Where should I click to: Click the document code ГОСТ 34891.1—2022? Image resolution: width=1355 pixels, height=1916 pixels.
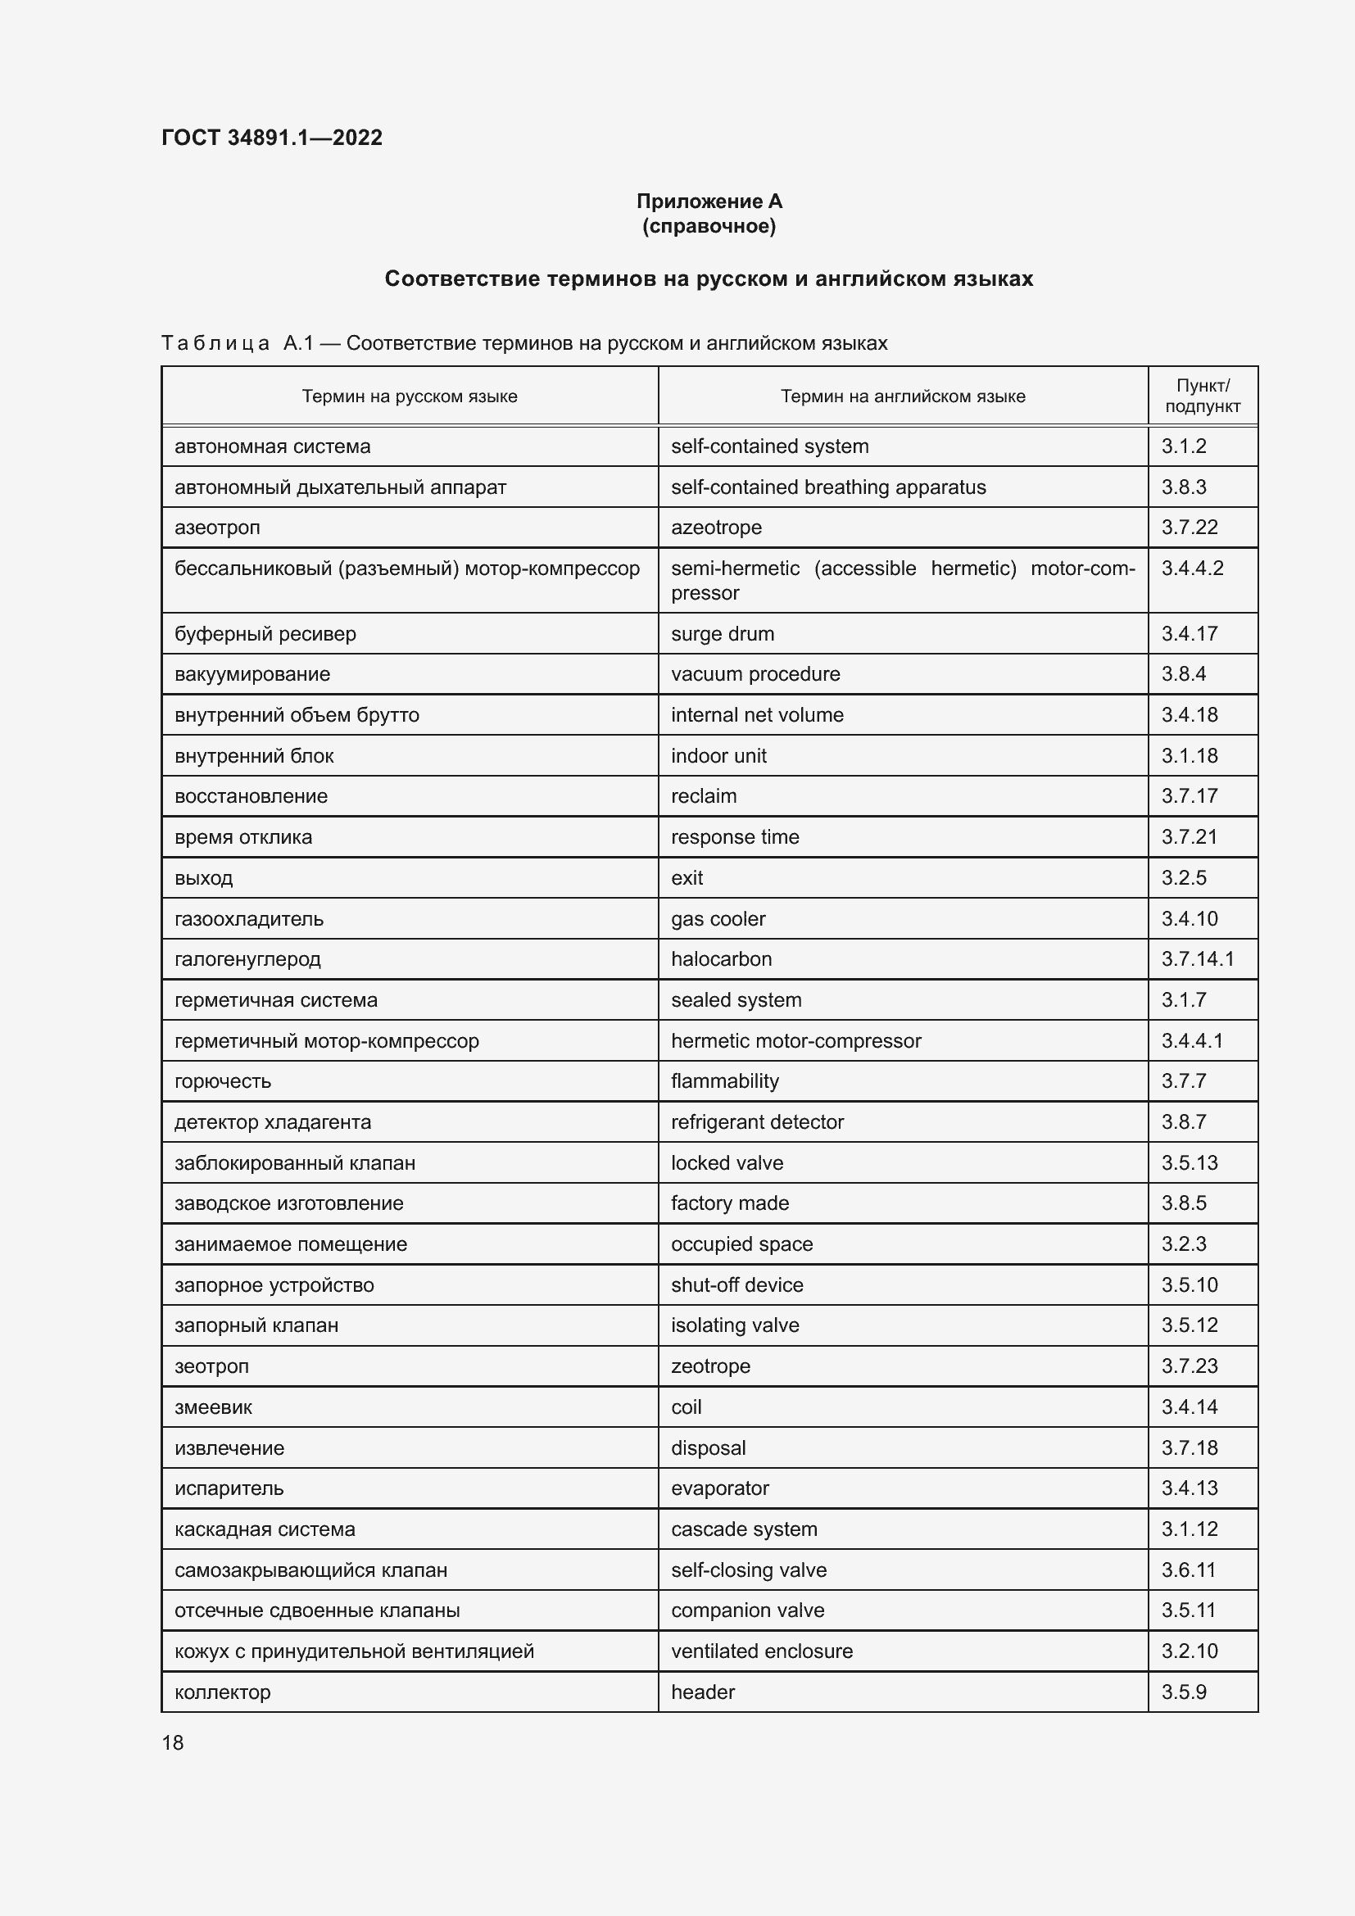[x=271, y=138]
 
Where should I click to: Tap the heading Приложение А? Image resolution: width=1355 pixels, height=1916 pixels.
[x=709, y=202]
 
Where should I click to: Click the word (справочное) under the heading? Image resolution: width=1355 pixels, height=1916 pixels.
[x=709, y=226]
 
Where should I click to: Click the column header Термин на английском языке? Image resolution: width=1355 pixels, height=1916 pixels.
[x=902, y=396]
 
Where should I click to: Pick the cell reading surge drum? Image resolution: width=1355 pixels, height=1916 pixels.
[x=722, y=633]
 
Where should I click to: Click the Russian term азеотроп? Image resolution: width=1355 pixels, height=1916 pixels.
[x=217, y=528]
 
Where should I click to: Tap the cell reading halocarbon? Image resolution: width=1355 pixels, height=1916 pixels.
[x=721, y=959]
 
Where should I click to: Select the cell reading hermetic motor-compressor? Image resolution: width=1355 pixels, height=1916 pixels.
[x=795, y=1040]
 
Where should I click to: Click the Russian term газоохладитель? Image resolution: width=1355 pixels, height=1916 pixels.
[x=249, y=919]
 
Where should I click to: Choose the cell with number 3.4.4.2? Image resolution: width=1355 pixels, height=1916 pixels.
[x=1191, y=568]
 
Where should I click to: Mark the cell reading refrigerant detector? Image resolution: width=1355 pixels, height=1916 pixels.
[x=757, y=1121]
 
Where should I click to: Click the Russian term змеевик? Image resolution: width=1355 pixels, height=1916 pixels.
[x=213, y=1407]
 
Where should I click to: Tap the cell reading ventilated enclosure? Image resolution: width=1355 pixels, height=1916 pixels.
[x=761, y=1651]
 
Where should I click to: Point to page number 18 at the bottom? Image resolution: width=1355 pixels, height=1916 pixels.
[x=173, y=1742]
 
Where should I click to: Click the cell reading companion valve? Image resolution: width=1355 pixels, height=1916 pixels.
[x=747, y=1610]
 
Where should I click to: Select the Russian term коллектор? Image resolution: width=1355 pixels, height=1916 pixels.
[x=222, y=1692]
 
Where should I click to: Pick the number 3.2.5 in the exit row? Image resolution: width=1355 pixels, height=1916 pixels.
[x=1183, y=878]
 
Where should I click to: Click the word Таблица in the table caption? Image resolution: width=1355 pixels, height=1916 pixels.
[x=215, y=343]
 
